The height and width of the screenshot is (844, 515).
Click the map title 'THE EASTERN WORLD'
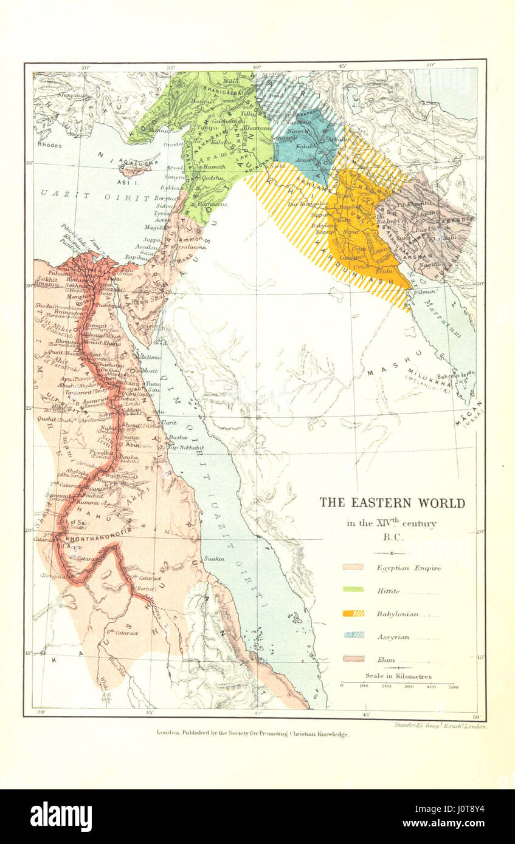(x=392, y=503)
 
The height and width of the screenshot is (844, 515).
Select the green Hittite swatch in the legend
(x=353, y=589)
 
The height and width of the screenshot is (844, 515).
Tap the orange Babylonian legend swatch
(x=353, y=613)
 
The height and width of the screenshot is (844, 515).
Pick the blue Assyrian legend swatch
(x=353, y=635)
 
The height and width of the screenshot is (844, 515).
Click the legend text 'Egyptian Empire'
(x=408, y=568)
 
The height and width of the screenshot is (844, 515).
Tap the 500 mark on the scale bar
(x=452, y=686)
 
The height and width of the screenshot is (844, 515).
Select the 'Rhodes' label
(x=50, y=145)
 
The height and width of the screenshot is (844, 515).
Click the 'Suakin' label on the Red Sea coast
(x=215, y=558)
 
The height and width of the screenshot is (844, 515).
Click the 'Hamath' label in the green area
(x=214, y=166)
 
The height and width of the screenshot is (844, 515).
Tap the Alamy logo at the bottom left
(x=61, y=817)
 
